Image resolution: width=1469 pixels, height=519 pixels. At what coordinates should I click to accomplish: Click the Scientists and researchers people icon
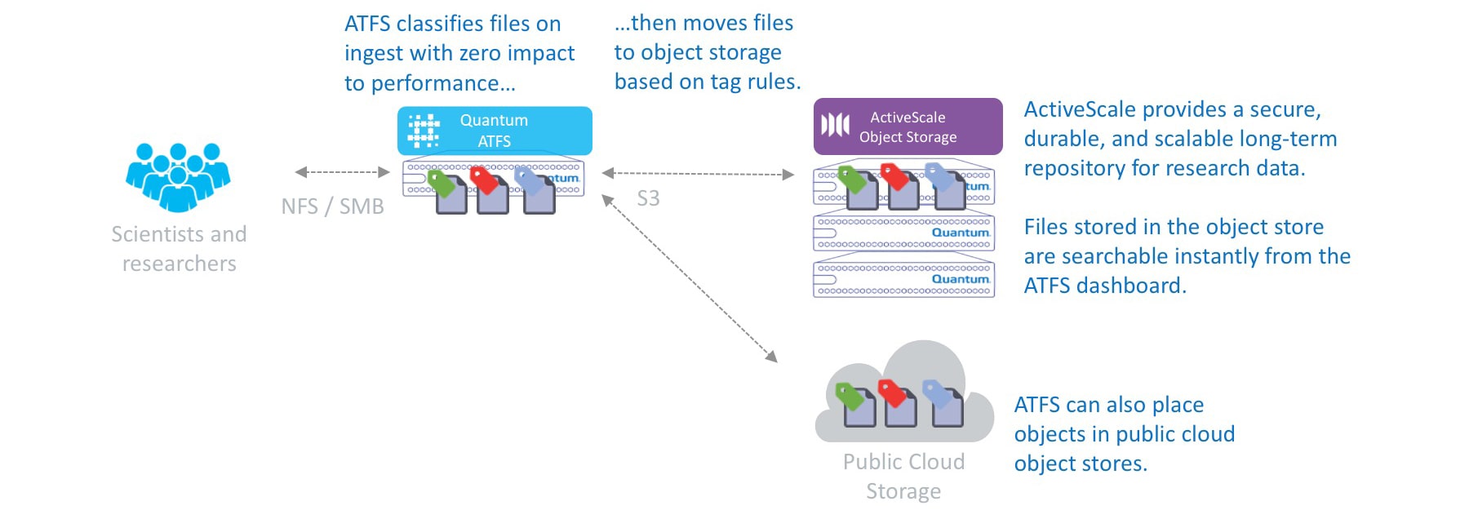(178, 175)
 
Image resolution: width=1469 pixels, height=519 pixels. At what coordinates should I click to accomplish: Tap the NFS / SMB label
(332, 206)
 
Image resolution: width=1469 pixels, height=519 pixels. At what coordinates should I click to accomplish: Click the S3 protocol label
(648, 198)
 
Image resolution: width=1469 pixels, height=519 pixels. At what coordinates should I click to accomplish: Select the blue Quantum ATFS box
(495, 131)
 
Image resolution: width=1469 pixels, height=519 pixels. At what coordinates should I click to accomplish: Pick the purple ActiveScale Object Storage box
(908, 126)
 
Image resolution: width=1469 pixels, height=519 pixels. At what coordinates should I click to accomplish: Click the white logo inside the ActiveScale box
(835, 126)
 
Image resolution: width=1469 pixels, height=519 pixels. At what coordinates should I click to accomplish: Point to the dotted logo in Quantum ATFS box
(424, 131)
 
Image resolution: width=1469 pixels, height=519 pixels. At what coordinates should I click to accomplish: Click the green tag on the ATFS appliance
(441, 182)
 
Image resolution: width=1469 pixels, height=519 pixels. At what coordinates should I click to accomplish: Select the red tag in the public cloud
(891, 392)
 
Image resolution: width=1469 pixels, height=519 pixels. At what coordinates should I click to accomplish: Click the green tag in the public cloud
(849, 396)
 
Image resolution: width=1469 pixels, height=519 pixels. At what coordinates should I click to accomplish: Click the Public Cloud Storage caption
(903, 477)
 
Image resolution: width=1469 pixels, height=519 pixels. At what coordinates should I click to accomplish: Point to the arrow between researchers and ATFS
(342, 172)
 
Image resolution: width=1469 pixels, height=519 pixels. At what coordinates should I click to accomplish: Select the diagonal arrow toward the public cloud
(689, 277)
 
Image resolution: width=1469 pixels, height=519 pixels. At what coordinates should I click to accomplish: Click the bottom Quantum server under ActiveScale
(903, 279)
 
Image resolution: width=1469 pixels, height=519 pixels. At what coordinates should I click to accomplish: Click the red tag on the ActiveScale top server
(894, 175)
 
